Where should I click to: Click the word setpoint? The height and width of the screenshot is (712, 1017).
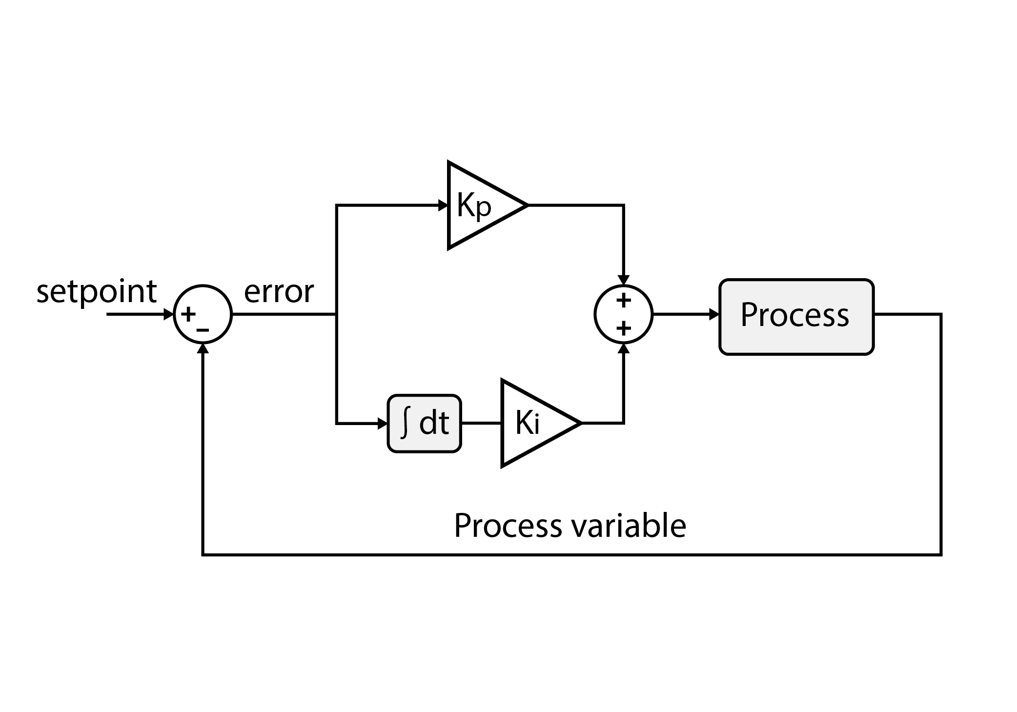coord(96,292)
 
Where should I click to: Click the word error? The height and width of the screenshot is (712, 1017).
coord(279,292)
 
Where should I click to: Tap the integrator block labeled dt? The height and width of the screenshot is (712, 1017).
coord(424,423)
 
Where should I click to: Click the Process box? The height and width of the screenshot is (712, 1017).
coord(796,316)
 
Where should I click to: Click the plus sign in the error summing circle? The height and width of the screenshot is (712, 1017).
coord(188,314)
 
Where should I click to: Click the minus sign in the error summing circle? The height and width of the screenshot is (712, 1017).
coord(203,330)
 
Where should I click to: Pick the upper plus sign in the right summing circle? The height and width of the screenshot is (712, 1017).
coord(623,301)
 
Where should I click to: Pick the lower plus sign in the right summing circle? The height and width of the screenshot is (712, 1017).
coord(623,328)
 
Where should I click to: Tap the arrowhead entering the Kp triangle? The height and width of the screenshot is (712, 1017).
coord(443,205)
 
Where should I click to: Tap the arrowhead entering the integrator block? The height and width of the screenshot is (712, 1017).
coord(383,424)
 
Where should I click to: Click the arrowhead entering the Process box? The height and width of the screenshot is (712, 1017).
coord(714,314)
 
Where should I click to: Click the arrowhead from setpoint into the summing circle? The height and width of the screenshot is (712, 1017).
coord(169,314)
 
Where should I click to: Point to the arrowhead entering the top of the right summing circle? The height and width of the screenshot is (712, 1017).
coord(623,280)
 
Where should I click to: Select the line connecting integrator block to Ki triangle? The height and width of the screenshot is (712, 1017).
coord(481,423)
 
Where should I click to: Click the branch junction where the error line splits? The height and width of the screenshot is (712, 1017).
coord(336,314)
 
